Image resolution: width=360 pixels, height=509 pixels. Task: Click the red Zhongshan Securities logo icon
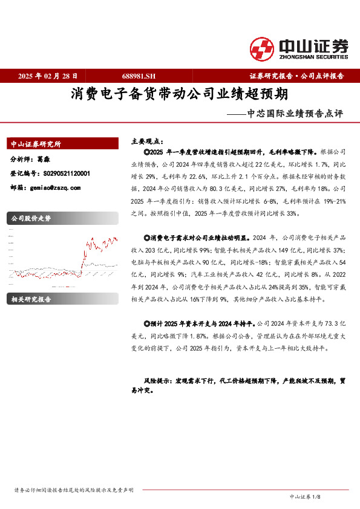point(262,49)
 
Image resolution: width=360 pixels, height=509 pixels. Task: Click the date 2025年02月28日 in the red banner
point(48,76)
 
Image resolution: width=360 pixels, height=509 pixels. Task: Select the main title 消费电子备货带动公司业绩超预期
point(179,95)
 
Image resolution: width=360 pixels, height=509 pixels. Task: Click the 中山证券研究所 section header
point(36,144)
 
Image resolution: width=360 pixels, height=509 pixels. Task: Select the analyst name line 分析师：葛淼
point(30,160)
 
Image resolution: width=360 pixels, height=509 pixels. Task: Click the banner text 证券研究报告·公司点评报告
point(296,76)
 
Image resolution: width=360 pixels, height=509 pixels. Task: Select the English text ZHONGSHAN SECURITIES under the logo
point(313,57)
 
